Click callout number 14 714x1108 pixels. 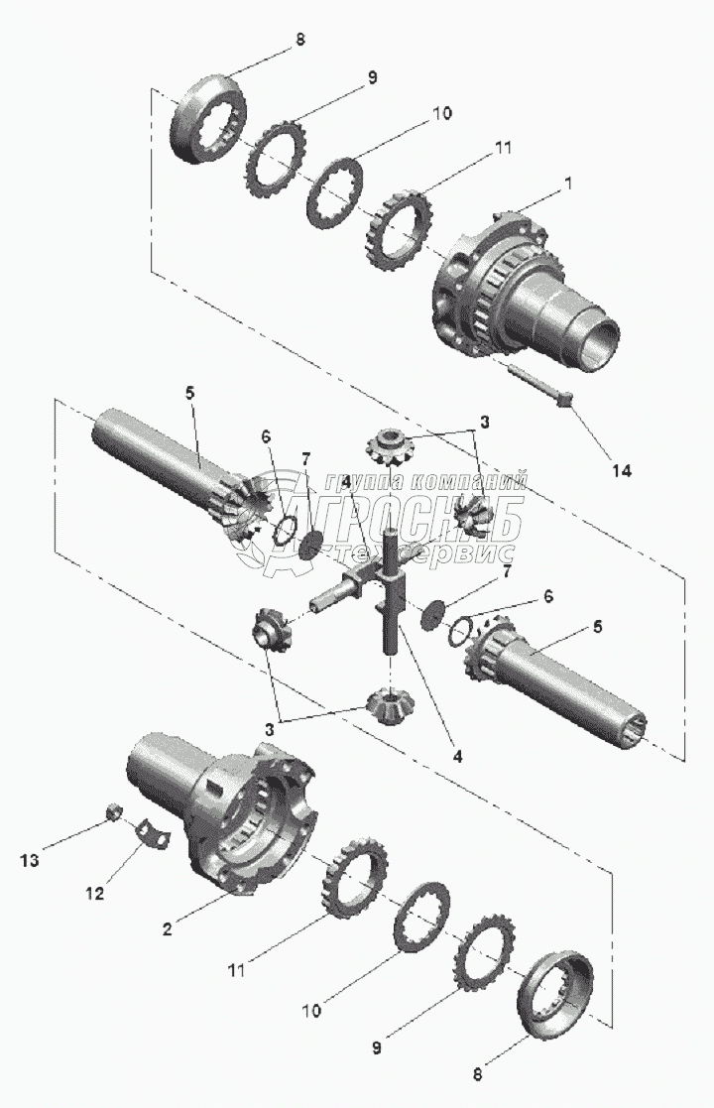[x=622, y=470]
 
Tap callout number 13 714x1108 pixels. [x=30, y=861]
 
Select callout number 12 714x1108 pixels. [x=94, y=893]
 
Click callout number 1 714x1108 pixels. [x=568, y=184]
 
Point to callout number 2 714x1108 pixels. [x=167, y=929]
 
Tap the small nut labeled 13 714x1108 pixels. [x=114, y=812]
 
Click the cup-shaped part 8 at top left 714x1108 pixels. [x=208, y=118]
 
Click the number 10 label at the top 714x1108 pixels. [x=442, y=112]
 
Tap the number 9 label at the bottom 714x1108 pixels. [x=377, y=1047]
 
